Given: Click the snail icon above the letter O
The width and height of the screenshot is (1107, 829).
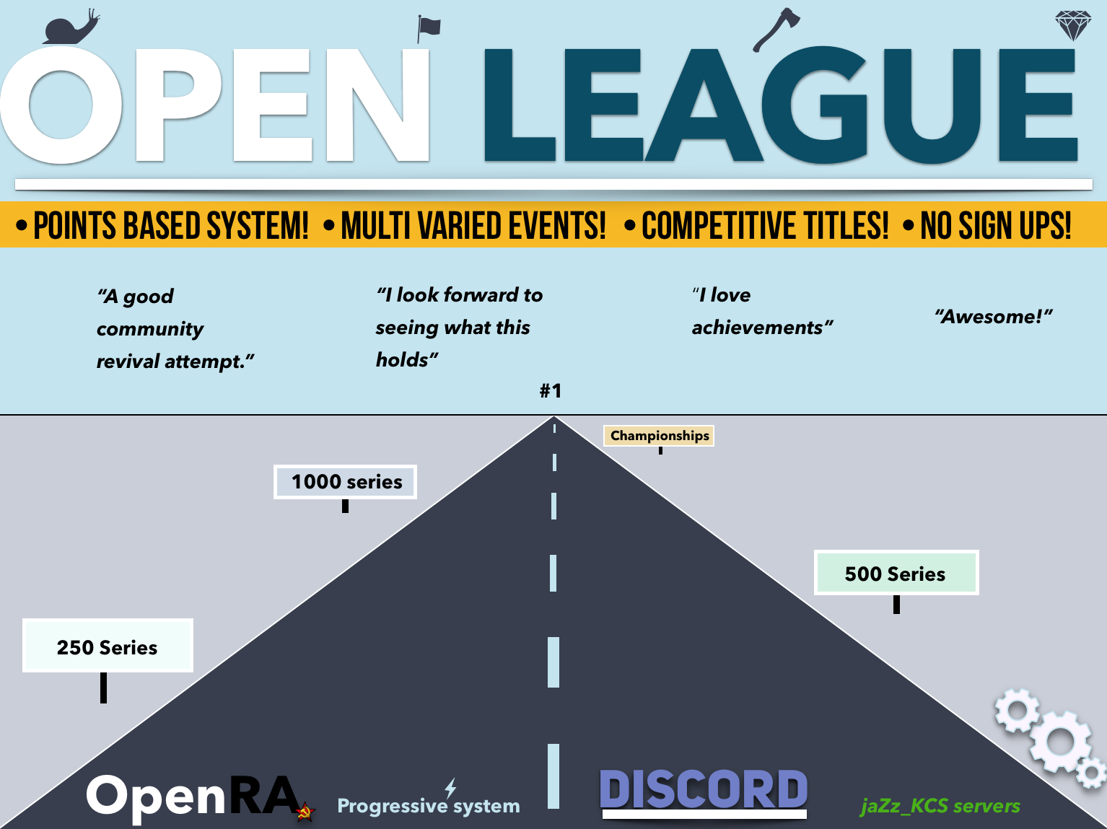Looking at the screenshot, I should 69,28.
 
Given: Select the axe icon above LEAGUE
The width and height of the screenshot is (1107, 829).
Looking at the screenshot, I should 776,29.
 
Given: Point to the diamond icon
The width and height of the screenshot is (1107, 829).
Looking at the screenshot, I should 1072,26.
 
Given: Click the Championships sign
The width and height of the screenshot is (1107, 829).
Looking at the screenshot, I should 659,436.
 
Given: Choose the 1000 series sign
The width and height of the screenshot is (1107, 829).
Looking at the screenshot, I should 346,482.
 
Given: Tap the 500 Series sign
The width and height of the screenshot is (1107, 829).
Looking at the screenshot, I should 896,574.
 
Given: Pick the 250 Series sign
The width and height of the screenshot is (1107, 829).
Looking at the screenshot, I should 108,646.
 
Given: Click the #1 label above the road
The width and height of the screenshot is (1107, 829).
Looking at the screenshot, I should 551,391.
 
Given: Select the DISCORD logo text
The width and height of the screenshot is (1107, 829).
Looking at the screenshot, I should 704,790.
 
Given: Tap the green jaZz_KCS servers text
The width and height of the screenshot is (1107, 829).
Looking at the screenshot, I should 940,806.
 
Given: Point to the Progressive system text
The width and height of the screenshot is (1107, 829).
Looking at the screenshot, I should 429,806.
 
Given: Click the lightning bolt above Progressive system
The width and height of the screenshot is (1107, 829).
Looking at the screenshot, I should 450,787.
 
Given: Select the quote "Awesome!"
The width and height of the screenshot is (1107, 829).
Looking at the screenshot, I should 994,317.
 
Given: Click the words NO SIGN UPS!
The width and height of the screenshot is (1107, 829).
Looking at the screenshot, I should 995,226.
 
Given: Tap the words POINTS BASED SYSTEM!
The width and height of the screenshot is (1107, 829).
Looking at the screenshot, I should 171,226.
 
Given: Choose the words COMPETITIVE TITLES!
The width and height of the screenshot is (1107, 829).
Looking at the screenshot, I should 764,226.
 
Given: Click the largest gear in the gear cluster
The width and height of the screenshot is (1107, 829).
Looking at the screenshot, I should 1059,741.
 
